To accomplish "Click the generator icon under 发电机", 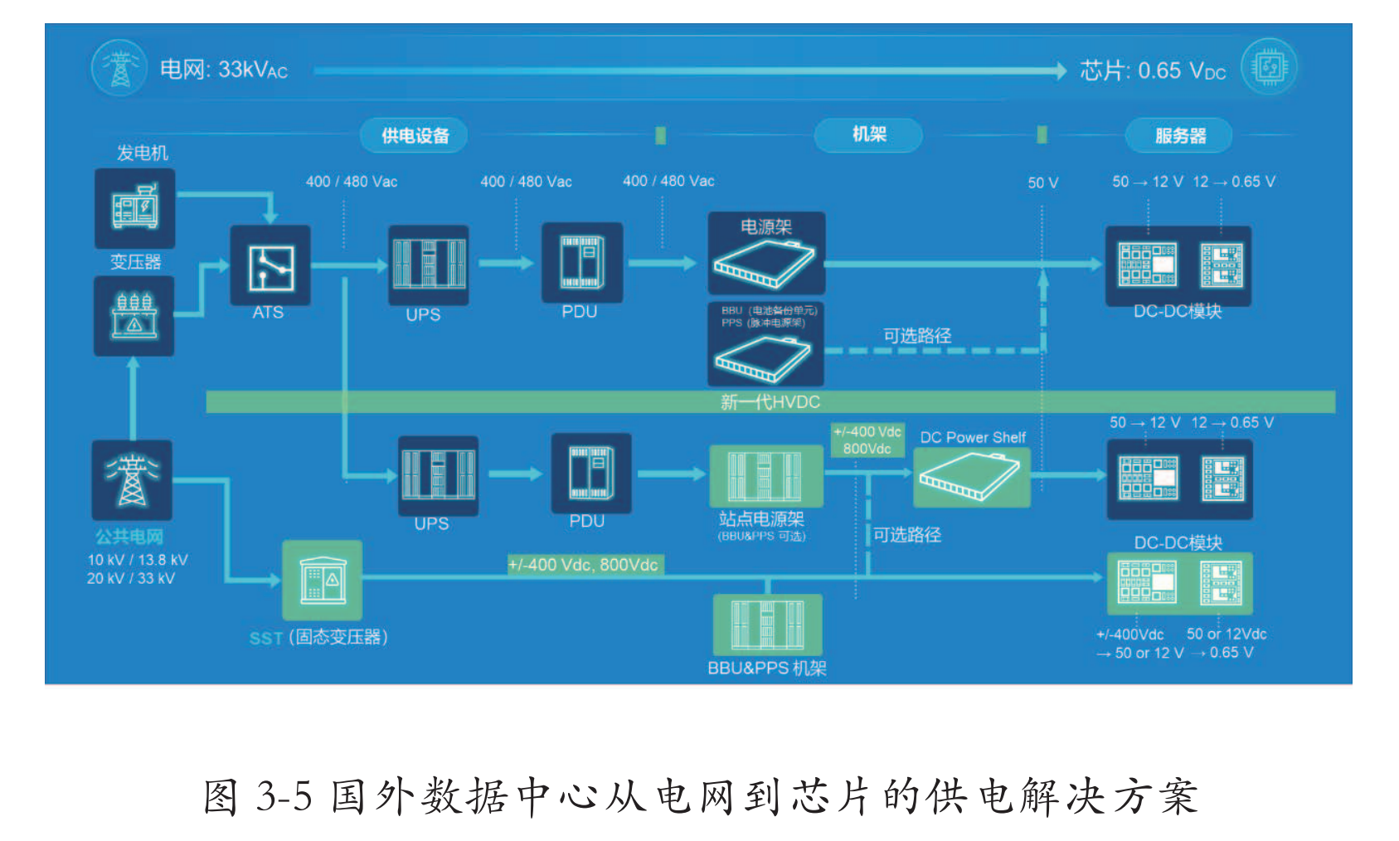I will pos(134,207).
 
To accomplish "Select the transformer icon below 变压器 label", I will pos(134,316).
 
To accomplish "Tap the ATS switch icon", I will pos(270,266).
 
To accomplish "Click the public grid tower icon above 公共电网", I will pos(132,479).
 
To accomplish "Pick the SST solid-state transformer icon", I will pos(323,580).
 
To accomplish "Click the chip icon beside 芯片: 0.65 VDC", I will pos(1269,67).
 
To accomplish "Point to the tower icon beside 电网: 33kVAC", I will pos(120,68).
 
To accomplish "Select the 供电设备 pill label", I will pos(415,135).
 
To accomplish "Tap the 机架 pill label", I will pos(868,134).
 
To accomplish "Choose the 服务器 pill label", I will pos(1179,135).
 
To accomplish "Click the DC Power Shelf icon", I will pos(971,479).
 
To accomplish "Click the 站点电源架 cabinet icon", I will pos(765,475).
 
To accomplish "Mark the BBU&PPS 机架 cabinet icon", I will pos(767,625).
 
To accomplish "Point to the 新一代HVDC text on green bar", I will pos(770,402).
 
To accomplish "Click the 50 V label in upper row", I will pos(1042,182).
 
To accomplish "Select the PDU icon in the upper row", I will pos(582,262).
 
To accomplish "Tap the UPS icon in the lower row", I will pos(438,474).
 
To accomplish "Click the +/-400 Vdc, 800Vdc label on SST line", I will pos(584,565).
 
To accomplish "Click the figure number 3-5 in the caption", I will pos(284,796).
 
